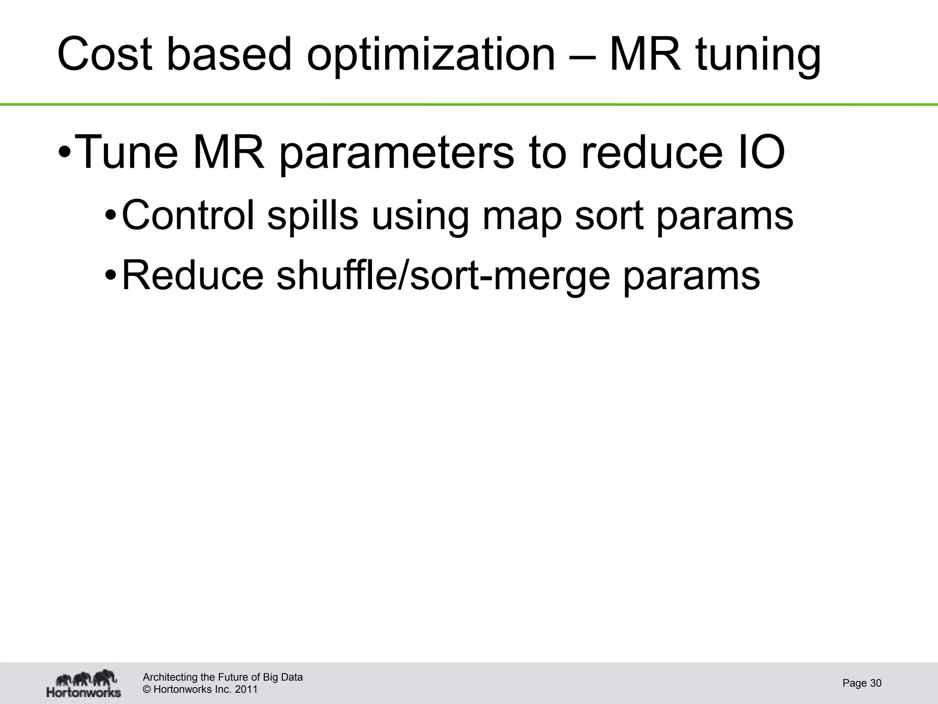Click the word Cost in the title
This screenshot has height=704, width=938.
click(105, 55)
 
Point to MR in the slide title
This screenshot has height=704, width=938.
click(645, 55)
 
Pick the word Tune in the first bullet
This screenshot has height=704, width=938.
click(125, 152)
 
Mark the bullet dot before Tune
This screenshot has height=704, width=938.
click(65, 152)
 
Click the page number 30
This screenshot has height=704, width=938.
click(875, 683)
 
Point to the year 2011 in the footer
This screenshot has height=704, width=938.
click(246, 689)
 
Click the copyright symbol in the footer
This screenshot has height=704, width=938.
click(147, 689)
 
